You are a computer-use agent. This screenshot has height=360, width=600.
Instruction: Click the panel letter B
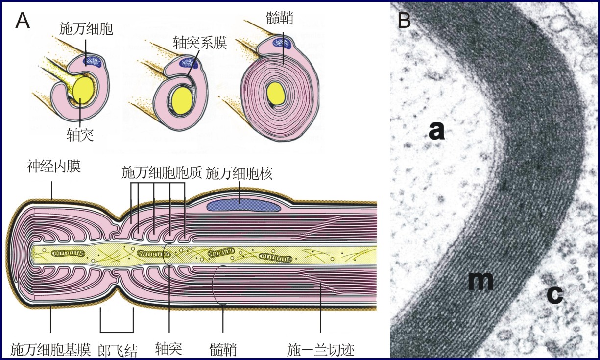pyautogui.click(x=405, y=20)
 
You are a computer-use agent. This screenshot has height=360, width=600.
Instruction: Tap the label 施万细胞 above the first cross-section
pyautogui.click(x=86, y=29)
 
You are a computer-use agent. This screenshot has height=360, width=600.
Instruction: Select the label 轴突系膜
pyautogui.click(x=200, y=43)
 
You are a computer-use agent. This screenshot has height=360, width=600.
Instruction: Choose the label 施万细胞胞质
pyautogui.click(x=162, y=173)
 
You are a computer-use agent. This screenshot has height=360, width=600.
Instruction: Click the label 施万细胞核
pyautogui.click(x=239, y=173)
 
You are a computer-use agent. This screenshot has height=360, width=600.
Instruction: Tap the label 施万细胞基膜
pyautogui.click(x=50, y=349)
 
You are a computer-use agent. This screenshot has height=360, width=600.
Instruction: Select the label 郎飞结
pyautogui.click(x=118, y=349)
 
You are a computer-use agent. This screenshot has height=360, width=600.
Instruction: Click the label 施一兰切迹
pyautogui.click(x=320, y=349)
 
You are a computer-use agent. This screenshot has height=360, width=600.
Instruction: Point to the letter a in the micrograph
pyautogui.click(x=436, y=131)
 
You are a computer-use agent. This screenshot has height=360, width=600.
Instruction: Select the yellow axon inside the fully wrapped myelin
pyautogui.click(x=275, y=92)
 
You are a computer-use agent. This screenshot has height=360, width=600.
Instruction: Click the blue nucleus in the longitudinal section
pyautogui.click(x=244, y=205)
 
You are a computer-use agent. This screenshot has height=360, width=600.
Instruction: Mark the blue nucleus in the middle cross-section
pyautogui.click(x=189, y=62)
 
